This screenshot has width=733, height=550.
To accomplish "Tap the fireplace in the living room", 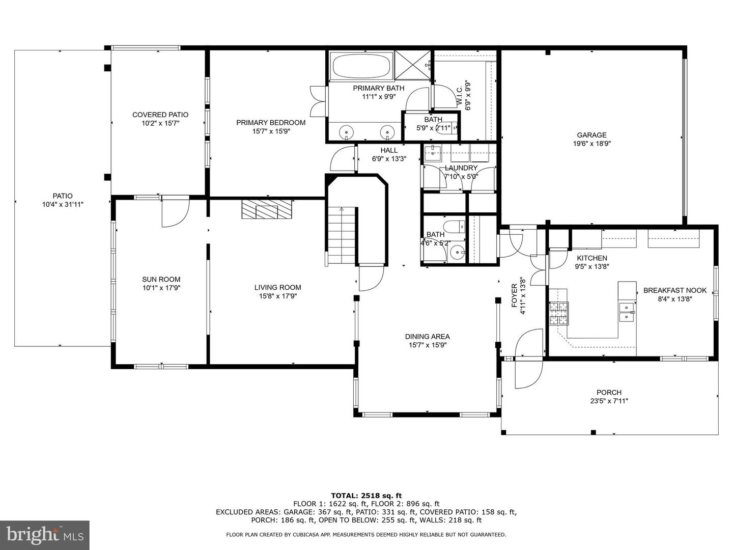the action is (x=267, y=209).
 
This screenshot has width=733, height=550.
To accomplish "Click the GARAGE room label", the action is (x=591, y=135).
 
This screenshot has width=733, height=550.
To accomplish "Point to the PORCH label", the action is (x=609, y=392).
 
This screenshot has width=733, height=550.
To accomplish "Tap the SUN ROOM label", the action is (x=161, y=279).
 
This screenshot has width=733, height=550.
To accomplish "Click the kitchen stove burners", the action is (x=559, y=313).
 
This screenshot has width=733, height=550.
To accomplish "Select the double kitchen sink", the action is (x=627, y=312).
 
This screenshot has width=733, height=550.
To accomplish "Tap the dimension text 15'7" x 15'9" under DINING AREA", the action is (x=428, y=345).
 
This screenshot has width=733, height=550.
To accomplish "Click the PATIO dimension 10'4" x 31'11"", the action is (x=63, y=204).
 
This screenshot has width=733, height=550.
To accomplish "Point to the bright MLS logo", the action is (x=45, y=535).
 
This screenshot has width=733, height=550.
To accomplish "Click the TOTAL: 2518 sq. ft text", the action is (x=366, y=496).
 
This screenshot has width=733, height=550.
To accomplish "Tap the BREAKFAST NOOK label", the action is (x=674, y=290).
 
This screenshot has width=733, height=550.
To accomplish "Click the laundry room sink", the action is (x=433, y=152).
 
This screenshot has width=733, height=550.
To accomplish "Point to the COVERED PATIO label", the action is (x=160, y=115).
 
